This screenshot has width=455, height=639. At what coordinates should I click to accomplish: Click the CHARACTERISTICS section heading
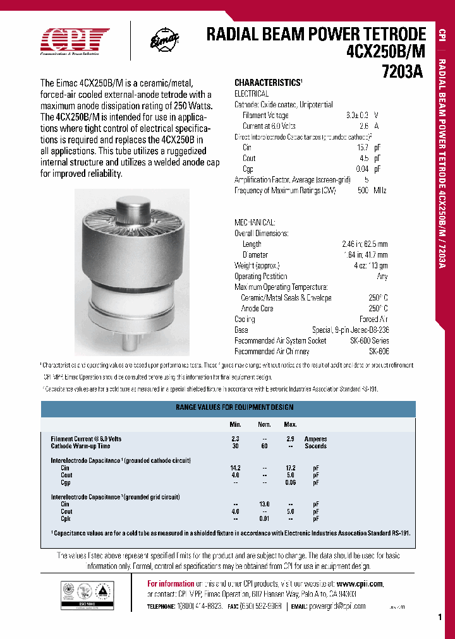point(268,83)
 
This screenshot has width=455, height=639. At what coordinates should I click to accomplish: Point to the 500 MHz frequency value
point(373,190)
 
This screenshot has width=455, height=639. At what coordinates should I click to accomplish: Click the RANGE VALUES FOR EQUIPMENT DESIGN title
point(234,408)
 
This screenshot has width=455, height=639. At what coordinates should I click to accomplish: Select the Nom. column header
point(264,424)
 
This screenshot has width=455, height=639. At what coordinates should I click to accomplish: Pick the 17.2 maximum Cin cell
point(290,468)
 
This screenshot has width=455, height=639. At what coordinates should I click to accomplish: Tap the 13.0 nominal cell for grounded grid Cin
point(264,504)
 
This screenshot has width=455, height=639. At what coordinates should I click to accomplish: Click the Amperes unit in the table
point(316,438)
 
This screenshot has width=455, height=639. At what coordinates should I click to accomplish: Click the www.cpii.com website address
point(359,583)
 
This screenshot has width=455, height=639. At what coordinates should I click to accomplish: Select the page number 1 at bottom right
point(439,618)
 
